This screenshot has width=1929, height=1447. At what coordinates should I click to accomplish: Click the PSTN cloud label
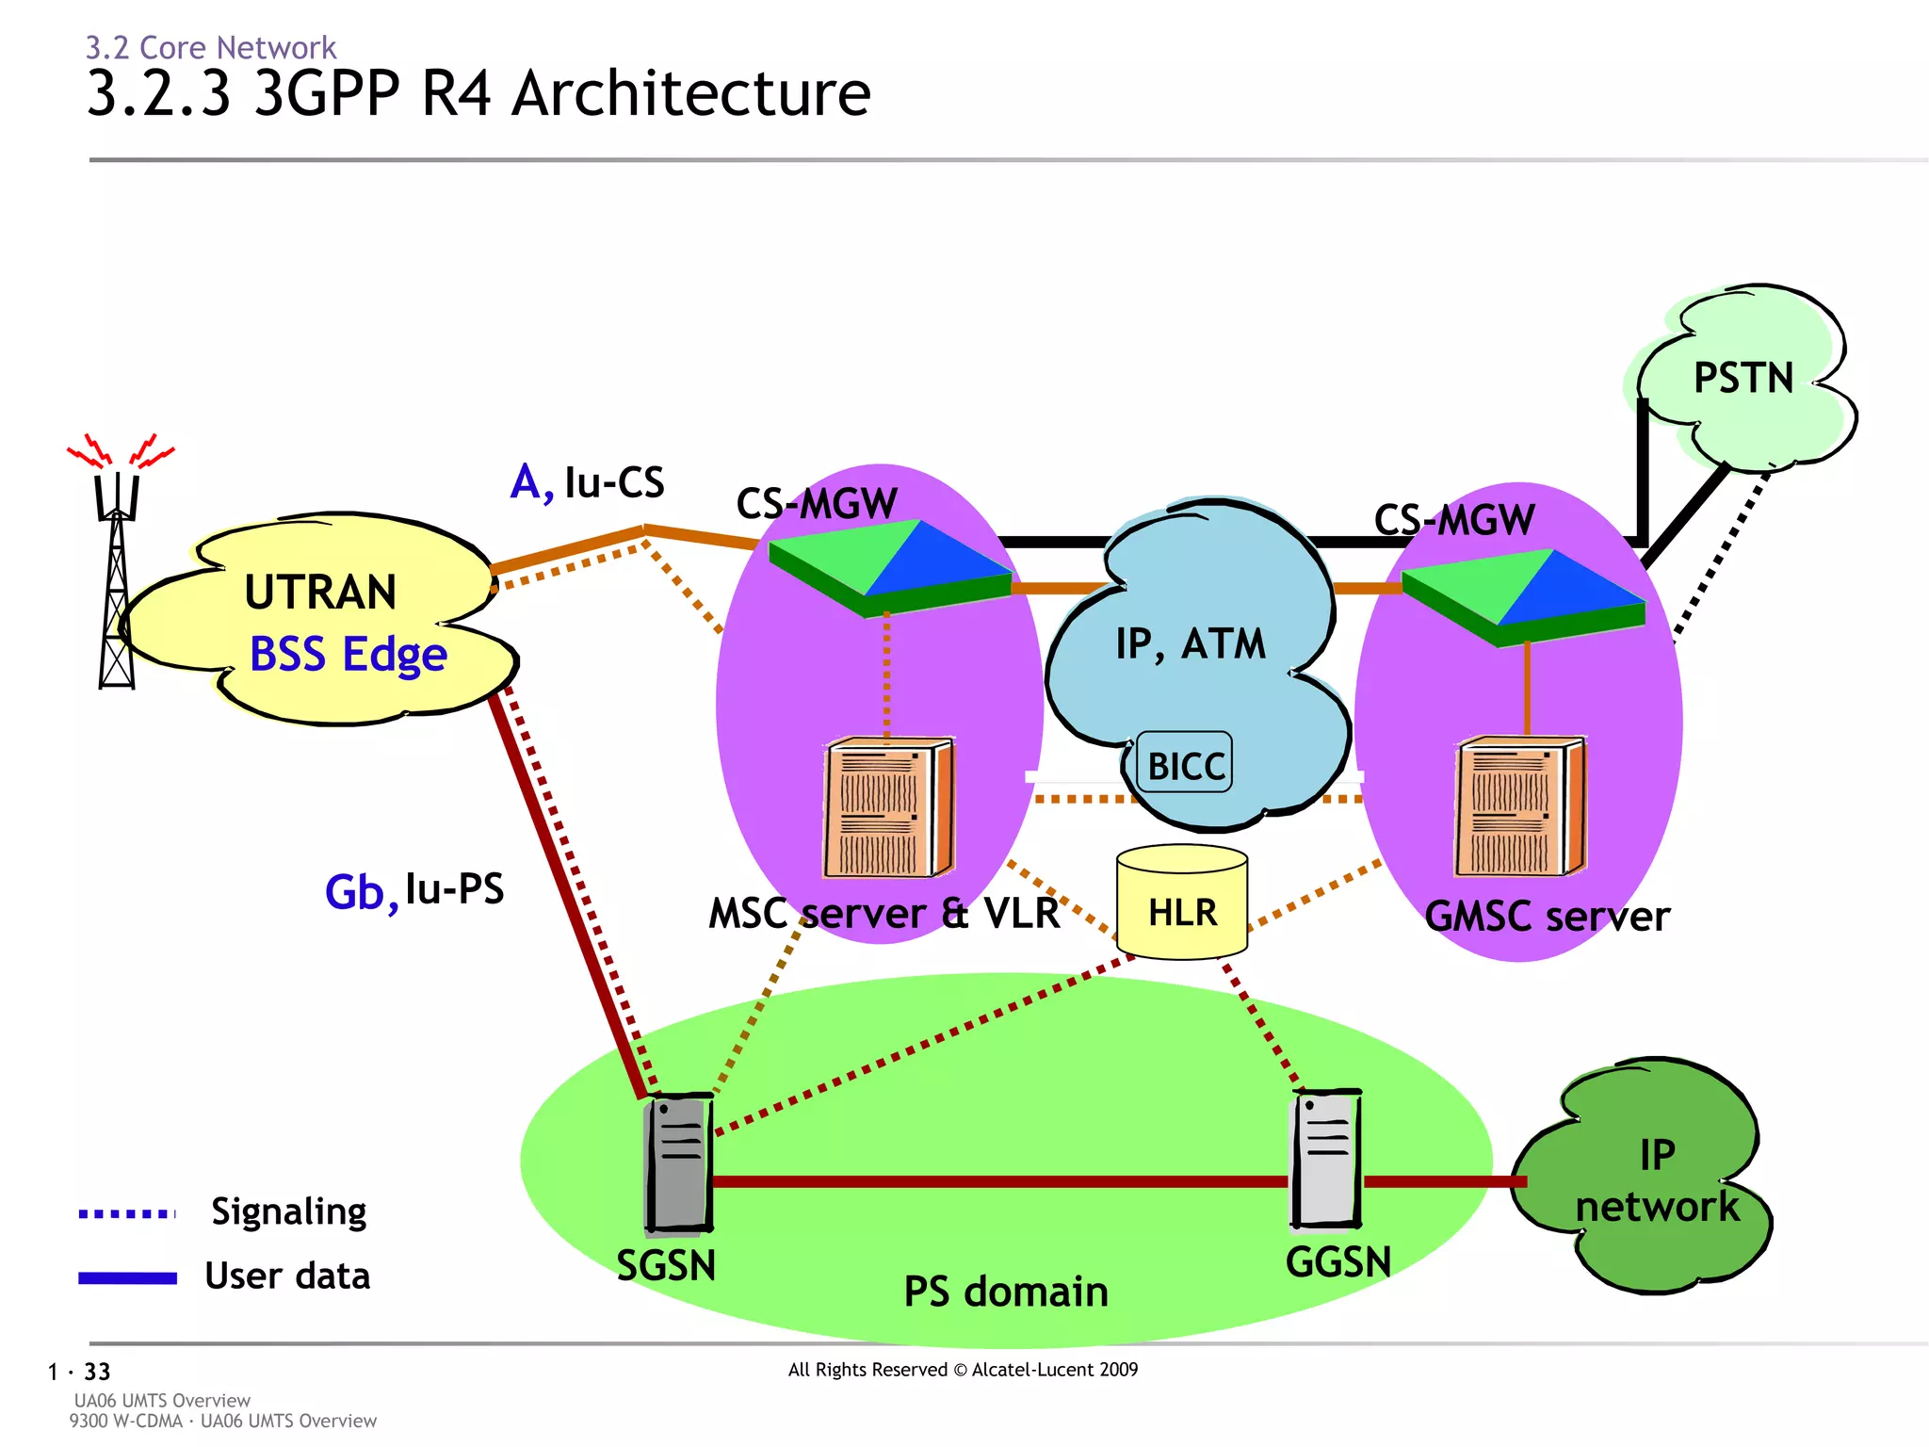pyautogui.click(x=1743, y=378)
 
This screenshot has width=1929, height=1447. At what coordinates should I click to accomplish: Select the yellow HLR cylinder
pyautogui.click(x=1182, y=902)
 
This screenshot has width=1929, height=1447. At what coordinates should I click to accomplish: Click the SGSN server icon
pyautogui.click(x=678, y=1163)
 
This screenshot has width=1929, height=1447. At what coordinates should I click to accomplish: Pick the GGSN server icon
pyautogui.click(x=1326, y=1159)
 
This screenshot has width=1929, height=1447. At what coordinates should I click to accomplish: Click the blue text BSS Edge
pyautogui.click(x=348, y=655)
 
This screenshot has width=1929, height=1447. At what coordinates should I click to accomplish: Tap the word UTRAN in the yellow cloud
pyautogui.click(x=320, y=593)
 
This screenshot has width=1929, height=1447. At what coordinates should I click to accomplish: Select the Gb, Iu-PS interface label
pyautogui.click(x=414, y=890)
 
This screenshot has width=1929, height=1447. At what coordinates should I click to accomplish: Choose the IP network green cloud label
pyautogui.click(x=1656, y=1181)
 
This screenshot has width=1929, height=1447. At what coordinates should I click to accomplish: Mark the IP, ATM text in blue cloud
pyautogui.click(x=1191, y=644)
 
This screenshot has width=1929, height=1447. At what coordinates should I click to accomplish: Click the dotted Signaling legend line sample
pyautogui.click(x=127, y=1213)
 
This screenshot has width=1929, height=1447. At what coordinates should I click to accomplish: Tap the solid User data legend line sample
pyautogui.click(x=127, y=1278)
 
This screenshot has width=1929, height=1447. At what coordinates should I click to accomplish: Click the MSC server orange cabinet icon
pyautogui.click(x=887, y=808)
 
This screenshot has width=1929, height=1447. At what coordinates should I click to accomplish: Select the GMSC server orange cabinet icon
pyautogui.click(x=1519, y=807)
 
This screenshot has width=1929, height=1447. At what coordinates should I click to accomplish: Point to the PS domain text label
pyautogui.click(x=1005, y=1292)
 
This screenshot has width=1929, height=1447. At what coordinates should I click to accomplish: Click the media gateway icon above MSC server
pyautogui.click(x=889, y=567)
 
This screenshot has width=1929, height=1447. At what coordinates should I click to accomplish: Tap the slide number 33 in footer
pyautogui.click(x=97, y=1372)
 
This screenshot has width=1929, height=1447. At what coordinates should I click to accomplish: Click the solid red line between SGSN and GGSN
pyautogui.click(x=998, y=1181)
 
